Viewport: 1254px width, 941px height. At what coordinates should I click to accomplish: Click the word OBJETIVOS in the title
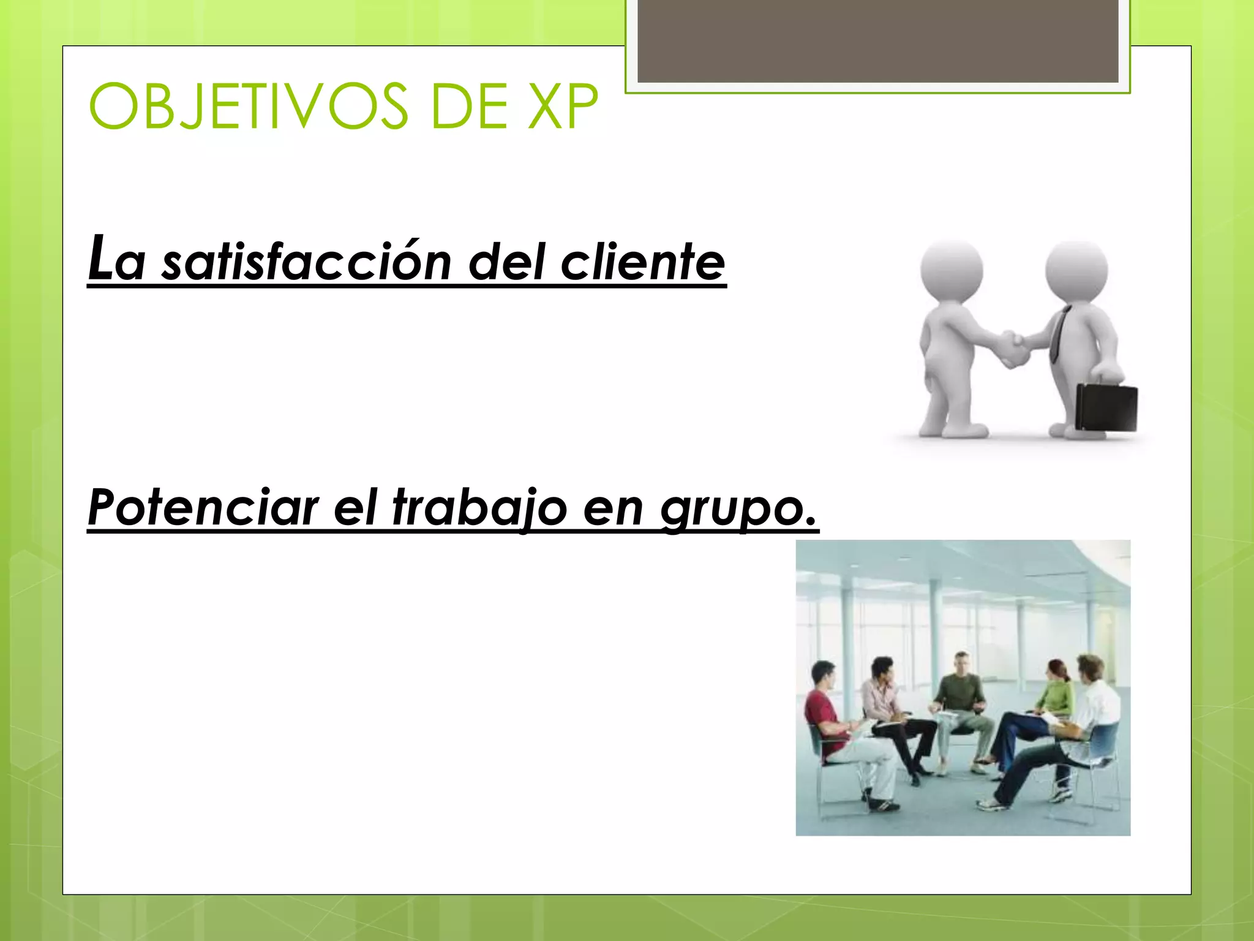point(248,107)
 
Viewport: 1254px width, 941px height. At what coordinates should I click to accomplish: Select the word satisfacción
point(306,262)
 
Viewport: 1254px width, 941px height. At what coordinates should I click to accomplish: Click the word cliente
point(642,262)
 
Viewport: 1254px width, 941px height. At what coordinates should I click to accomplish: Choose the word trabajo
point(479,507)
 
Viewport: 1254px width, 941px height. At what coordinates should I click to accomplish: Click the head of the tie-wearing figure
point(1076,270)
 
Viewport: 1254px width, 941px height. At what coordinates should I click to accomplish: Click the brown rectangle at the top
point(877,40)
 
